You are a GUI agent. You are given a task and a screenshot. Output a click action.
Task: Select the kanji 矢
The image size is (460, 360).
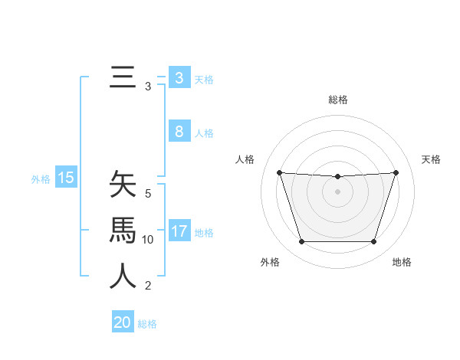click(x=123, y=185)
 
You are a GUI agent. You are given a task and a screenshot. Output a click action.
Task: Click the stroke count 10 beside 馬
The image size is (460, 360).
click(x=148, y=240)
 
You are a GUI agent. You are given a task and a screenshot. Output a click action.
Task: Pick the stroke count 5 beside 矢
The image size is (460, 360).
click(x=148, y=194)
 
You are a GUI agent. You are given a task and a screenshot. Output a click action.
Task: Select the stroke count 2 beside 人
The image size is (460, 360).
click(x=148, y=286)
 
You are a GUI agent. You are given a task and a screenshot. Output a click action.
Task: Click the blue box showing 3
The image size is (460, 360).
click(x=179, y=77)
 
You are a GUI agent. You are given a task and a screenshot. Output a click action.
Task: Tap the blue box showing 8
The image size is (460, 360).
click(x=179, y=132)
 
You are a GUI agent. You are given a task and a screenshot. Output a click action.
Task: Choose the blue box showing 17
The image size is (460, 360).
click(x=179, y=231)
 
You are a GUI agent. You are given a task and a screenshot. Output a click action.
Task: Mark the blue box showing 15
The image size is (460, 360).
click(x=66, y=178)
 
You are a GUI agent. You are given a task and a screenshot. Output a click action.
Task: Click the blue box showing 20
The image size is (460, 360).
click(x=122, y=322)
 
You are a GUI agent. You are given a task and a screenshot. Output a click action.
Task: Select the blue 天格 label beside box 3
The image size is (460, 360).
click(x=204, y=79)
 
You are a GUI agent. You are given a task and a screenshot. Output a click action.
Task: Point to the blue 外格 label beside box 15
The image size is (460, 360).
click(x=41, y=179)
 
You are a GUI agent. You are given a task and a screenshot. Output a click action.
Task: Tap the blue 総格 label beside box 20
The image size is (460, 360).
click(x=147, y=324)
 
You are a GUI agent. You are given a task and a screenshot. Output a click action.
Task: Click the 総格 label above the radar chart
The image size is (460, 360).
click(x=337, y=100)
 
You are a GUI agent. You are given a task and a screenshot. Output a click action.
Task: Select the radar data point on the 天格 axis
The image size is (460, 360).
click(x=396, y=172)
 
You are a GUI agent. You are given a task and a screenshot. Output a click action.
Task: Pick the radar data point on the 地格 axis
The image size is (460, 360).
click(x=373, y=242)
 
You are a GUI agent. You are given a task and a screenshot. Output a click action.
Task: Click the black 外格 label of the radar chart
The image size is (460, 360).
click(x=270, y=262)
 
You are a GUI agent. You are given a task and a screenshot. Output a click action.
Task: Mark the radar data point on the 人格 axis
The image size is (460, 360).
click(x=279, y=172)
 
